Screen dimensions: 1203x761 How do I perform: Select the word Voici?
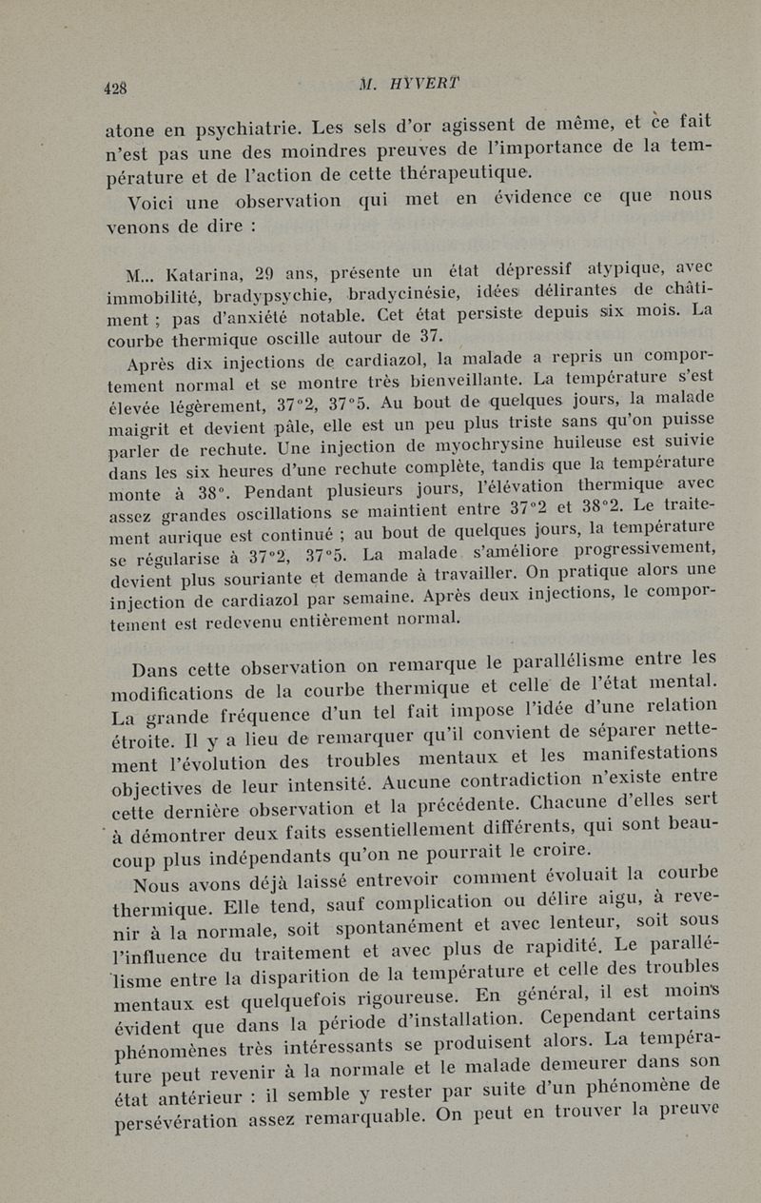point(154,203)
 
